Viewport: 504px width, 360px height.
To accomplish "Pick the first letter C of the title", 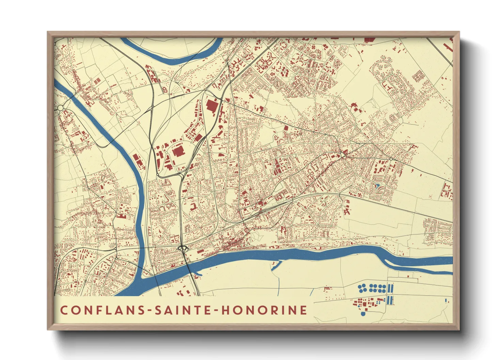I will (x=64, y=310).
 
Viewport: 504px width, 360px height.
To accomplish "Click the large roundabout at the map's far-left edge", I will (x=60, y=108).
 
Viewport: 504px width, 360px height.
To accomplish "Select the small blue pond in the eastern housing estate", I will (x=377, y=186).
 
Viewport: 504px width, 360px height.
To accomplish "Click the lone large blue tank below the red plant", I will (x=363, y=313).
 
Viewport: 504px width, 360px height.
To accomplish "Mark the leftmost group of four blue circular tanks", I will (x=362, y=288).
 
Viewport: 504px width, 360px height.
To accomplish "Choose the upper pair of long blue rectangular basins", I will (x=391, y=289).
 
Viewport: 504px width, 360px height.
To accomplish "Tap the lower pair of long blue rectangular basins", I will (x=390, y=300).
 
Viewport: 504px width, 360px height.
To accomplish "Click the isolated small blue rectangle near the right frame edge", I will (x=446, y=300).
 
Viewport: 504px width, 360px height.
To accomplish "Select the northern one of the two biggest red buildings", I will (x=212, y=105).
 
